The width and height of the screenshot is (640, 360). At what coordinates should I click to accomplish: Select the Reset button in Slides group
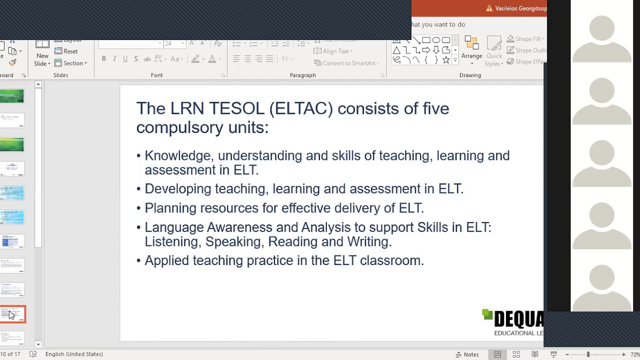(66, 51)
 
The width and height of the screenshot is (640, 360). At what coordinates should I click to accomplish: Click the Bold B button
(104, 59)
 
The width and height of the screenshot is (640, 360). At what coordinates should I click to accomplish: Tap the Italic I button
(114, 59)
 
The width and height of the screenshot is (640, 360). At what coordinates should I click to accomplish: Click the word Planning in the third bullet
(170, 208)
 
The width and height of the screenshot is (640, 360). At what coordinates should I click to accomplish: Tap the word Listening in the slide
(172, 241)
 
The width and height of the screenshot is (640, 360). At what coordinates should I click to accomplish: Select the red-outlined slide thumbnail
(12, 314)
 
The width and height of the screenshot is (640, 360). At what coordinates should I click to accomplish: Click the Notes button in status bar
(467, 354)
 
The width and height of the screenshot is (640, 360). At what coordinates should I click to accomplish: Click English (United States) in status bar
(74, 354)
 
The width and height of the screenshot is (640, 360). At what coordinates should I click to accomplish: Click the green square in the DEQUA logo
(487, 314)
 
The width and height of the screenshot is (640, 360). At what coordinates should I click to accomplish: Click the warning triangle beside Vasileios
(489, 8)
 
